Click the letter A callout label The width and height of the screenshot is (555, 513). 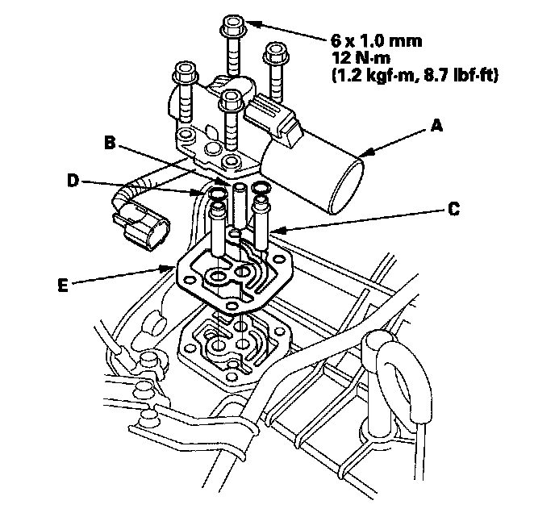pos(437,126)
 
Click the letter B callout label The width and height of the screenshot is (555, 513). pos(110,143)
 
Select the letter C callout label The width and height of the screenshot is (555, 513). pos(453,209)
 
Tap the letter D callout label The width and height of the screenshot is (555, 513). pos(73,181)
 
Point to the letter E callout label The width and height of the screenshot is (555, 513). pos(63,285)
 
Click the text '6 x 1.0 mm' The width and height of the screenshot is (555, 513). pos(376,41)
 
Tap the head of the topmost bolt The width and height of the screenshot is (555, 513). pos(232,26)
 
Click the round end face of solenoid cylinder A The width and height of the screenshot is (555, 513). pos(346,187)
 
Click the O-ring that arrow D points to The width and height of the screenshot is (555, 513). pos(217,194)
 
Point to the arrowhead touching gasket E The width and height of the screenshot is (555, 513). pos(170,269)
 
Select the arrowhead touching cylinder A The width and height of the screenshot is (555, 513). pos(365,152)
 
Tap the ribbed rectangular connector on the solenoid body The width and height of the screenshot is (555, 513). pos(273,116)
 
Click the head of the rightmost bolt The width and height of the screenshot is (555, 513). pos(275,52)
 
